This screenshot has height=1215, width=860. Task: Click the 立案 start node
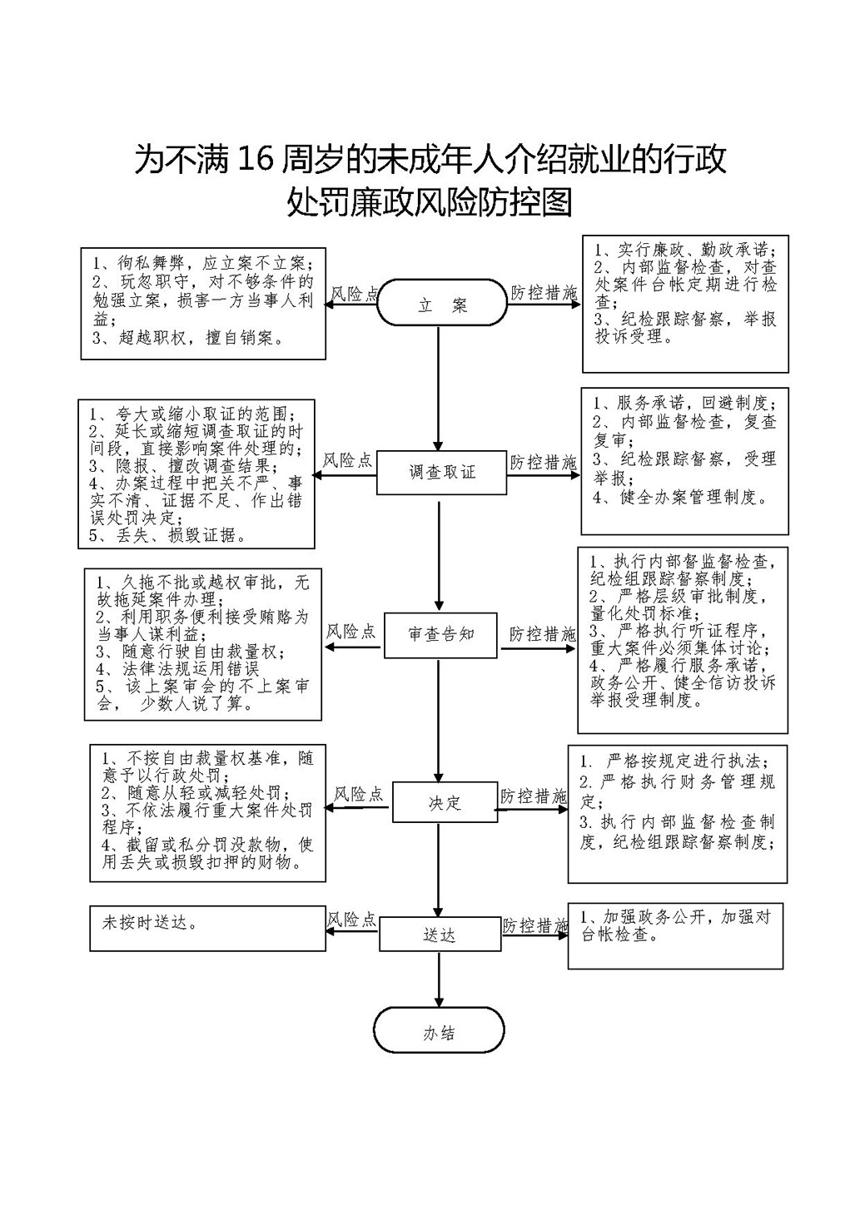click(442, 302)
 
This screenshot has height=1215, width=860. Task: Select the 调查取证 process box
click(442, 472)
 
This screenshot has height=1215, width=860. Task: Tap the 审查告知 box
click(440, 635)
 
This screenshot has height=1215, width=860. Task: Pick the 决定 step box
click(445, 802)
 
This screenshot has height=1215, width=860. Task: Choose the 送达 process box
click(440, 934)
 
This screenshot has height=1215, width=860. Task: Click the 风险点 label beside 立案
click(355, 294)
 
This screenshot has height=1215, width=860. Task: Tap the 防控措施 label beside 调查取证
click(543, 462)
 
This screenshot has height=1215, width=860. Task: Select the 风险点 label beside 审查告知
click(350, 631)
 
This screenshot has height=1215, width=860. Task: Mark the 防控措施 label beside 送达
click(535, 925)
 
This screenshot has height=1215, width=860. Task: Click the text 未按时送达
click(149, 923)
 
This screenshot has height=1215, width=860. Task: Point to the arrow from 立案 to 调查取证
click(439, 389)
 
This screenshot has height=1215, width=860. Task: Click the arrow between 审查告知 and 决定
click(439, 720)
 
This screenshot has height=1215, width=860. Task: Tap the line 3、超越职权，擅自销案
click(188, 339)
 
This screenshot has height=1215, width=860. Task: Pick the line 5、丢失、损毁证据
click(167, 535)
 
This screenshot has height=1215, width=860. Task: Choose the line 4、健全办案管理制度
click(680, 497)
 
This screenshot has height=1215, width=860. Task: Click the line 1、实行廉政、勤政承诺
click(684, 250)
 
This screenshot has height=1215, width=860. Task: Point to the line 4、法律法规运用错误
click(178, 668)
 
